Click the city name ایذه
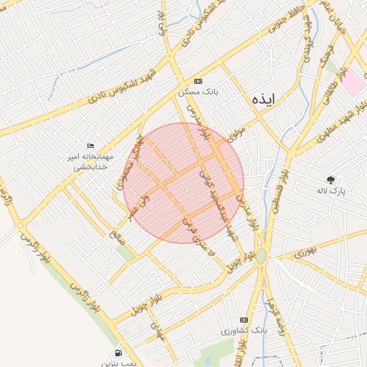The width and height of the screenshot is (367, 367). (x=263, y=100)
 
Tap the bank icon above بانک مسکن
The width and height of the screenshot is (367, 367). (x=199, y=81)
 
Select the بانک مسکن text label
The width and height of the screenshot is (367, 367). (x=198, y=92)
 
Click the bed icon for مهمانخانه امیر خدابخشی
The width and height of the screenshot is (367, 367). (x=90, y=146)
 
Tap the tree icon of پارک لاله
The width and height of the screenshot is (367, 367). (x=330, y=181)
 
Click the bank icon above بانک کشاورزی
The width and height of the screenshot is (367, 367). (x=244, y=320)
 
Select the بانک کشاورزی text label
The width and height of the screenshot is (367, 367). (x=244, y=331)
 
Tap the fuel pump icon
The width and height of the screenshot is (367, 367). (x=118, y=353)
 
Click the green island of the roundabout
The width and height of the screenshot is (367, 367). (x=262, y=256)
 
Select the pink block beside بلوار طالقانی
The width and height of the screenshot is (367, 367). (x=352, y=81)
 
